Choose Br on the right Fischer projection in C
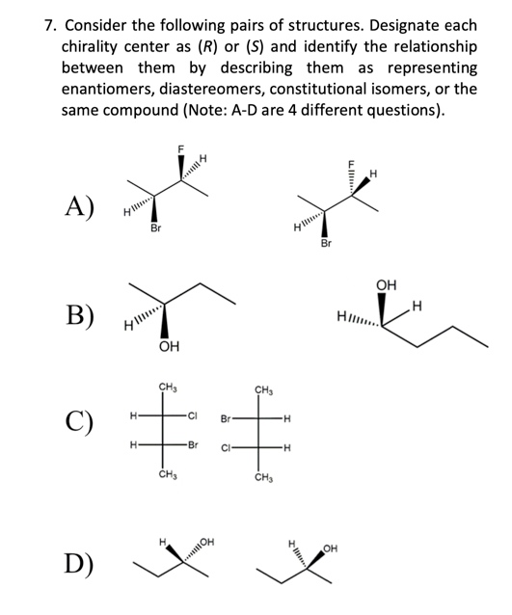point(226,420)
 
